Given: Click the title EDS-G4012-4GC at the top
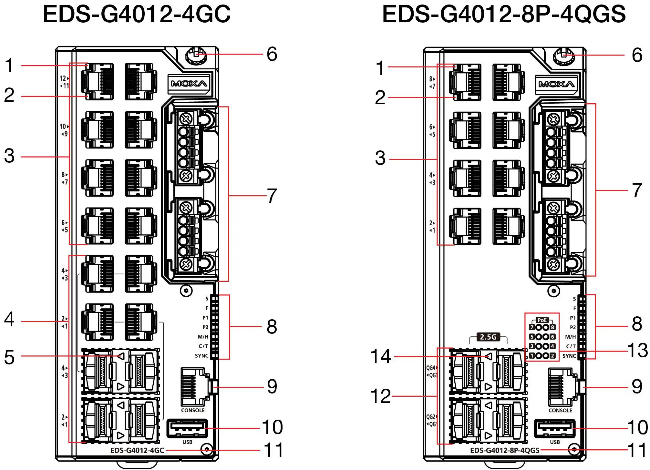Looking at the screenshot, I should point(137,14).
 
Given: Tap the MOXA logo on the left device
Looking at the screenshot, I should point(189,84).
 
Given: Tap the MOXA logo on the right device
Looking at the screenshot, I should point(556,85).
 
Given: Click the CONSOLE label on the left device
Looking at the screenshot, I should point(193,410).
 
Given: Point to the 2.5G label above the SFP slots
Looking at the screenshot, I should point(488,337).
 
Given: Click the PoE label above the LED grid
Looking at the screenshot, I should point(542,320).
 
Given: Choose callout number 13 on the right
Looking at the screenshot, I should point(637,350).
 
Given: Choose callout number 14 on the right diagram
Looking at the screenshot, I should point(380,357).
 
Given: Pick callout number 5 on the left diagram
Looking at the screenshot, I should point(9,357).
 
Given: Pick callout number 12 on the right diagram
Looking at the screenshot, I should point(380,396).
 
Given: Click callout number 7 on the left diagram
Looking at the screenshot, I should point(272,196).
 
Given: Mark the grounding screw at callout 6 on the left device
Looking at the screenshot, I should point(196,55).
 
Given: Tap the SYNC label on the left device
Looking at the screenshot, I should point(201,356).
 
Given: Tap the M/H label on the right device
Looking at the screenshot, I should point(570,337).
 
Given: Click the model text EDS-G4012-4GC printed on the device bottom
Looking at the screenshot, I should point(137,450).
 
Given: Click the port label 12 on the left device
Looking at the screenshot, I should point(63,78).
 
